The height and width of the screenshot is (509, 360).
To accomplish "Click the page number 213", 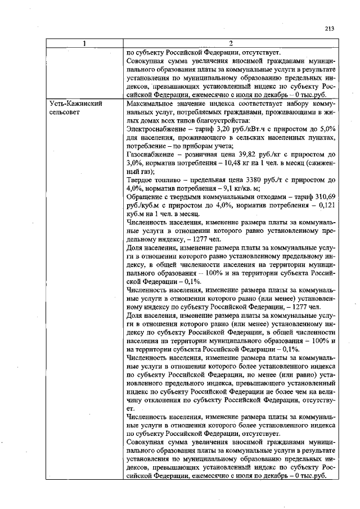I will pos(330,29).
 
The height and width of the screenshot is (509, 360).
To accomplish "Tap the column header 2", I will pos(231,44).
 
